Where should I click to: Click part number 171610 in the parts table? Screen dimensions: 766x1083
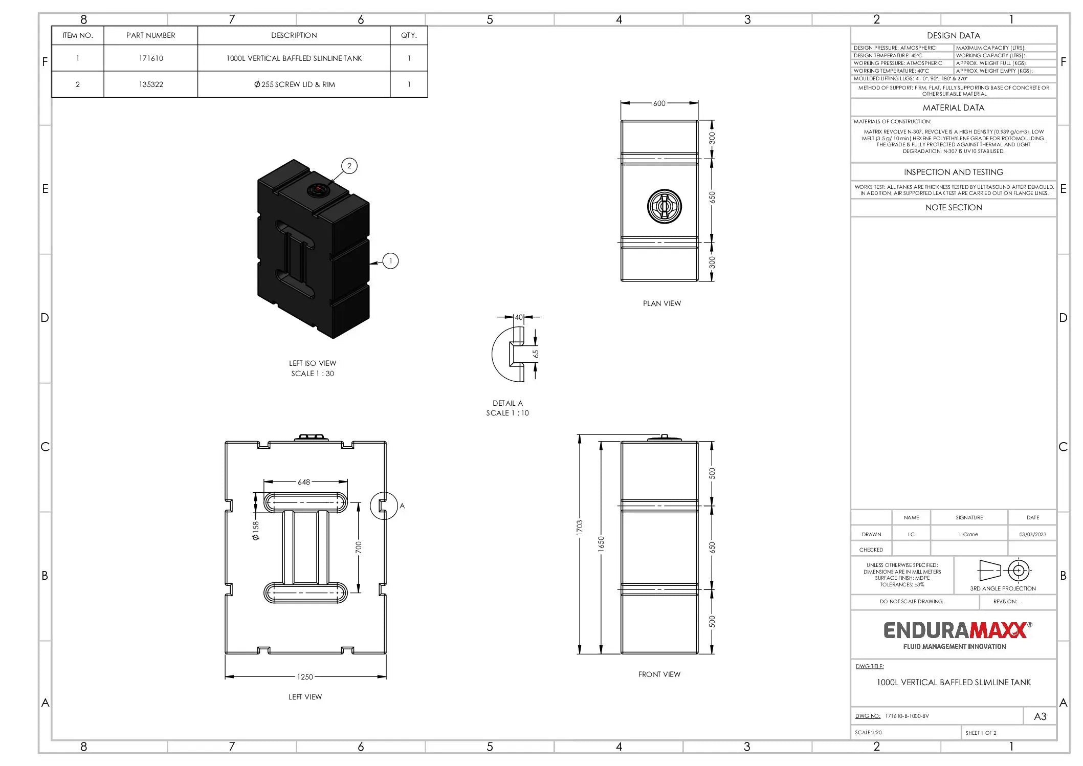(151, 58)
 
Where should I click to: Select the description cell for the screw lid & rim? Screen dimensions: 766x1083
(294, 84)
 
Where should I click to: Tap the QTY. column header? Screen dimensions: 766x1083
(409, 35)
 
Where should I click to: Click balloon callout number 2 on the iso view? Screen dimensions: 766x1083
(349, 166)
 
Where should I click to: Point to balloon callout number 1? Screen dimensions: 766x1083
(390, 261)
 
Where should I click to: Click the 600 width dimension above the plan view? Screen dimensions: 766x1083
(659, 103)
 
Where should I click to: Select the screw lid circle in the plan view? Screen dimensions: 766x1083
(664, 206)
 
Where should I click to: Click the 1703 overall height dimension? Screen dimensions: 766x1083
(579, 527)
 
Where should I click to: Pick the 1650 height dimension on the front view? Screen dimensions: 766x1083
(601, 543)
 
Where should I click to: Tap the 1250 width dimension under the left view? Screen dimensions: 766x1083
(305, 677)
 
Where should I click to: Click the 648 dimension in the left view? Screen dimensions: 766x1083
(304, 482)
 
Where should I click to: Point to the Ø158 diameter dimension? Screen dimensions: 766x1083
(256, 531)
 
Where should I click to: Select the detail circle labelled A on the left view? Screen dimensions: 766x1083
(384, 506)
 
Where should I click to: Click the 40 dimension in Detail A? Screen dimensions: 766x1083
(519, 317)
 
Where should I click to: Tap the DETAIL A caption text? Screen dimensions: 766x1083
(507, 403)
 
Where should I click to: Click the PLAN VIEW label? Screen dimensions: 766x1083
(661, 303)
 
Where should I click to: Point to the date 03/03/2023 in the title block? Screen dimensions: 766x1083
(1032, 534)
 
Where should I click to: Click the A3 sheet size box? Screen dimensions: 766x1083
(1040, 716)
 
